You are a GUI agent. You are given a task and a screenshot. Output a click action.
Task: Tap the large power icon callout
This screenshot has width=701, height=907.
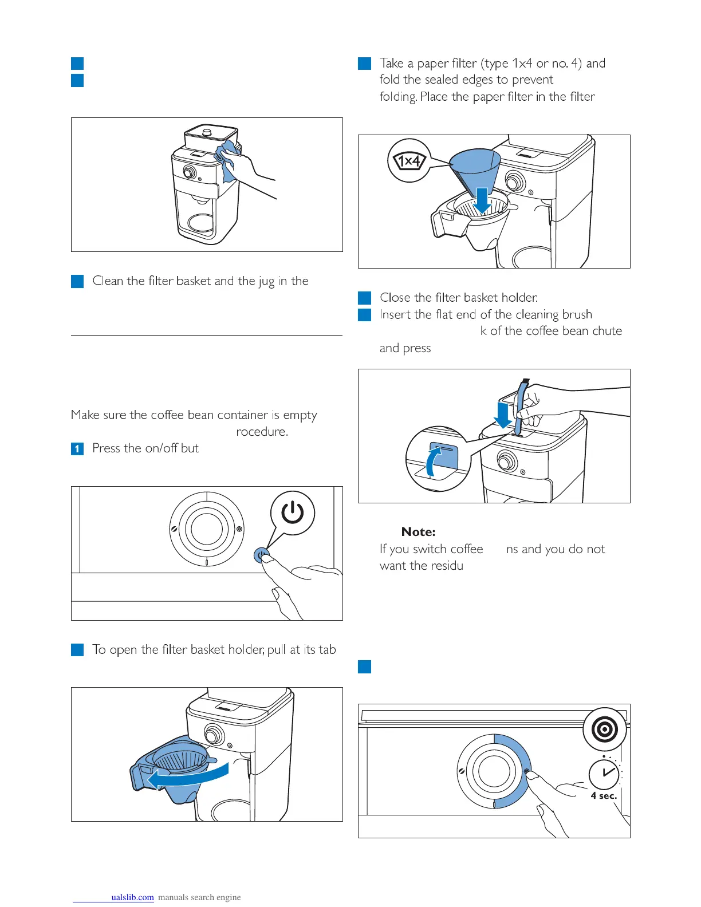tap(292, 513)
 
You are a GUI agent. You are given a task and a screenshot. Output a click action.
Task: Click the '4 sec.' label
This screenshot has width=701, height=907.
tap(604, 796)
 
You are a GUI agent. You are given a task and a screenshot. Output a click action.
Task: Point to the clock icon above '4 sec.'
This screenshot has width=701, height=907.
tap(604, 773)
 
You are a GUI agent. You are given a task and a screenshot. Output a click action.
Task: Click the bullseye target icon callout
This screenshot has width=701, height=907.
tap(604, 730)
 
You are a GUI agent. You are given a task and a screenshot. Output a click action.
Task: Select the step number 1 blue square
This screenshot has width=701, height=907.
tap(77, 448)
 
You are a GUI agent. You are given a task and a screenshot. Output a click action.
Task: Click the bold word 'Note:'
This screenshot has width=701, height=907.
tap(418, 532)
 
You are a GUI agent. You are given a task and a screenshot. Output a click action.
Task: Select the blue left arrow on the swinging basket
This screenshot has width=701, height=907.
tap(186, 778)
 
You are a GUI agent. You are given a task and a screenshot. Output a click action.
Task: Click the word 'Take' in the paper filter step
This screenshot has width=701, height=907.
tap(391, 64)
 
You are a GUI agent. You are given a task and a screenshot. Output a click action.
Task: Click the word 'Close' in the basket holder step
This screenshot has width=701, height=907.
tap(395, 298)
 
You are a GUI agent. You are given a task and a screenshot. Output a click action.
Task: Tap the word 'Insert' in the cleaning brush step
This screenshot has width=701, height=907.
tap(395, 314)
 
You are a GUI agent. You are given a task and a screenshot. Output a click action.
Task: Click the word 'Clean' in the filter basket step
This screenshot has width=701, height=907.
tap(108, 281)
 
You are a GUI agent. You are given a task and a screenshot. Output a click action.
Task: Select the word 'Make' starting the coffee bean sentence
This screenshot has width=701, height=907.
tap(85, 415)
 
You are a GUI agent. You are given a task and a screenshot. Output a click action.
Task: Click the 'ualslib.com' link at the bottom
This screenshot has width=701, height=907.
tap(132, 897)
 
